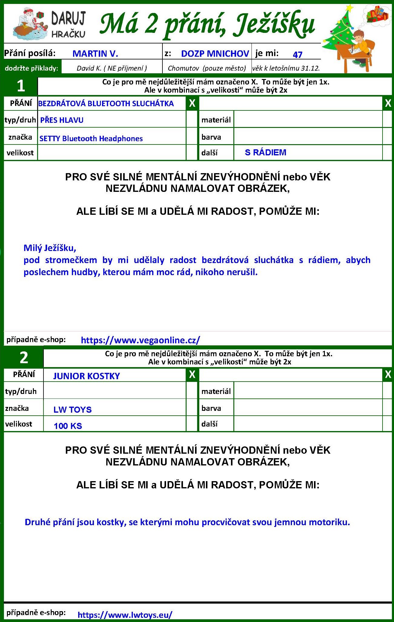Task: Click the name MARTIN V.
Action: pos(95,54)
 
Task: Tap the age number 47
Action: pos(297,55)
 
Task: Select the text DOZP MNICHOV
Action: pos(215,54)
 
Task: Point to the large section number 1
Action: pos(21,86)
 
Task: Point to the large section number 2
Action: pos(24,357)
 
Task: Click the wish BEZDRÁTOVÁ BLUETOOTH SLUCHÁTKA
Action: pos(106,103)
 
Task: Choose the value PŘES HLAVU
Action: pos(62,120)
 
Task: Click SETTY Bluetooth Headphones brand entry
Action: pos(91,138)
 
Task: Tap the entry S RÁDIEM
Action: pos(265,152)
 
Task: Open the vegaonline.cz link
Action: pos(140,340)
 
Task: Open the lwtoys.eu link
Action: pos(125,614)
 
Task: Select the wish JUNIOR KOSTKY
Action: pos(87,376)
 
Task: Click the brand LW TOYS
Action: pos(72,409)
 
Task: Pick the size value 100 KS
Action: pos(68,426)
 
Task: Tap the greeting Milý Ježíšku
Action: pos(50,248)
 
